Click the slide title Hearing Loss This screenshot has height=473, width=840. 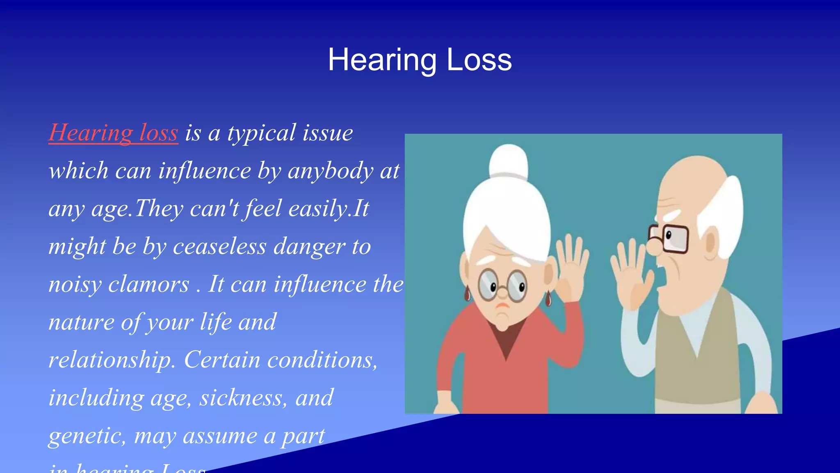420,60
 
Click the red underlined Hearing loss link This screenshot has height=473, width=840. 113,133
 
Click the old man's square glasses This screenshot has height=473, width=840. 669,239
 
